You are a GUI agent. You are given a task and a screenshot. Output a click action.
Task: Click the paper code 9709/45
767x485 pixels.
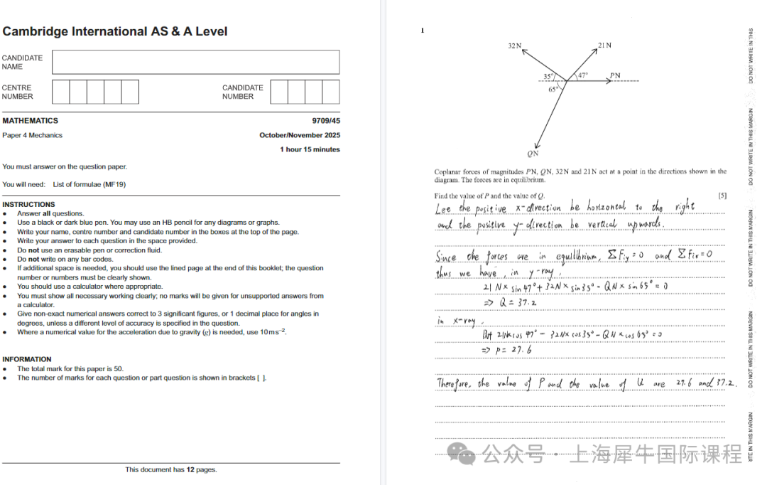coord(325,121)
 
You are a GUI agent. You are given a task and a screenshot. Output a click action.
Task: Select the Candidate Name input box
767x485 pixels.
coord(195,62)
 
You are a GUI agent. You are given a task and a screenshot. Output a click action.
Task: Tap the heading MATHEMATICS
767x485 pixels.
coord(30,121)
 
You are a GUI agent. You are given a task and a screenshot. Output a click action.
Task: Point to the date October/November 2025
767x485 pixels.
coord(299,135)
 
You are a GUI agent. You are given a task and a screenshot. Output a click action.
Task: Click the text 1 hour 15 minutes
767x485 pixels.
coord(310,149)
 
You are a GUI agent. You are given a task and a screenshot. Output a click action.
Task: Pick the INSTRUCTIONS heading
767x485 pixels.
coord(28,204)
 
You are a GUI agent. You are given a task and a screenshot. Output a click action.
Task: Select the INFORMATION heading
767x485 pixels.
coord(26,359)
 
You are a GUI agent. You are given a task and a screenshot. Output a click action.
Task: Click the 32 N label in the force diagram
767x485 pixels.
coord(515,46)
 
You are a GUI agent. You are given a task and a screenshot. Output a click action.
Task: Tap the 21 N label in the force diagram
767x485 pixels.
coord(604,46)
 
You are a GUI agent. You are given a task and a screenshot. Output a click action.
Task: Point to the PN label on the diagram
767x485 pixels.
coord(614,75)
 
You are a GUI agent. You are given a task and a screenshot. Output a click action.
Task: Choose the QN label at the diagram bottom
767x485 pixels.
coord(533,154)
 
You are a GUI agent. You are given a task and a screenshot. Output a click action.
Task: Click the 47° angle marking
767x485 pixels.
coord(582,75)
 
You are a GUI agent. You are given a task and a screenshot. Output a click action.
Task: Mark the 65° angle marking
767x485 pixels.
coord(553,90)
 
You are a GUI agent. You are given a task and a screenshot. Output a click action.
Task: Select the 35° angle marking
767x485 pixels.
coord(548,76)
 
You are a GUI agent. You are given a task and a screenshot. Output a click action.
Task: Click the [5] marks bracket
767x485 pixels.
coord(722,196)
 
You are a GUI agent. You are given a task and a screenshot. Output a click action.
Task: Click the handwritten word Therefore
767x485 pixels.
coord(454,384)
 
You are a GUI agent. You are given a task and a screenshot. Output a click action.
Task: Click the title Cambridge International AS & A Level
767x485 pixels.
coord(115,31)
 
